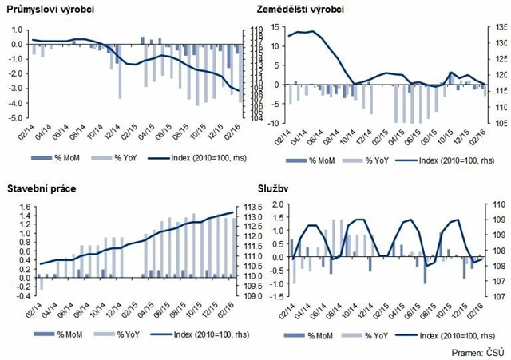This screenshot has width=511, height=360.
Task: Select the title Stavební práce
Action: [x=39, y=190]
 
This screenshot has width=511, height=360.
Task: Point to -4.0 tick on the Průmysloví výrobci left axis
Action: [x=16, y=102]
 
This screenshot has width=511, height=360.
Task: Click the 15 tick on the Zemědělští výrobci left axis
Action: [x=273, y=26]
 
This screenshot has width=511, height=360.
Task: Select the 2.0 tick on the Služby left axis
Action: [x=273, y=204]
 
